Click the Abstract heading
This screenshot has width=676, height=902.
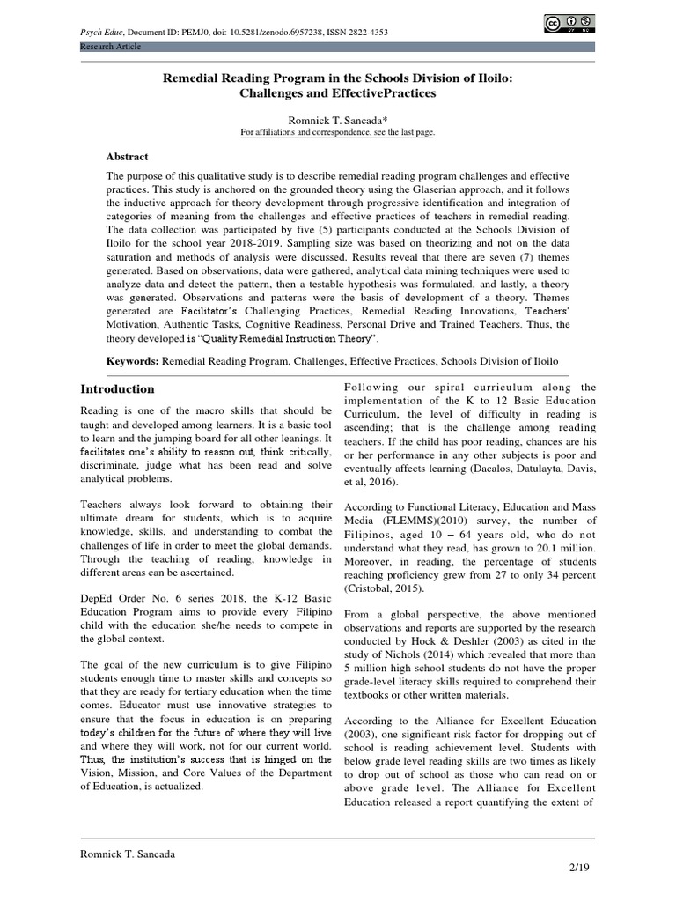pyautogui.click(x=127, y=156)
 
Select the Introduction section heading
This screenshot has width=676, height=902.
pyautogui.click(x=118, y=388)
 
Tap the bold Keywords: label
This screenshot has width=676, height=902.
pyautogui.click(x=132, y=361)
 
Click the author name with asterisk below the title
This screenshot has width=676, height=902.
pyautogui.click(x=337, y=119)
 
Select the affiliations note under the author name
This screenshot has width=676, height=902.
pyautogui.click(x=337, y=132)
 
